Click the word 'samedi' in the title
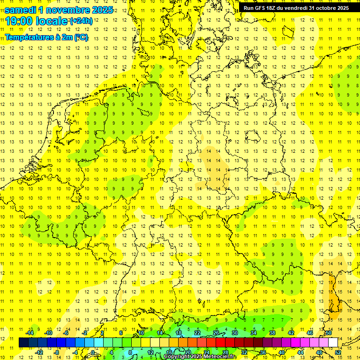(x=21, y=10)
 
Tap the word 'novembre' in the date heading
(x=68, y=10)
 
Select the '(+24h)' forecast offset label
(x=81, y=21)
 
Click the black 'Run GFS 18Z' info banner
(x=296, y=8)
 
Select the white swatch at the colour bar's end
(x=333, y=342)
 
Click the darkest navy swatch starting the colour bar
(x=23, y=342)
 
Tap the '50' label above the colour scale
(x=329, y=333)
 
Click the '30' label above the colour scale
(x=235, y=333)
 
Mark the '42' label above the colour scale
(x=291, y=333)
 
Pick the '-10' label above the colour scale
(x=48, y=333)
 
